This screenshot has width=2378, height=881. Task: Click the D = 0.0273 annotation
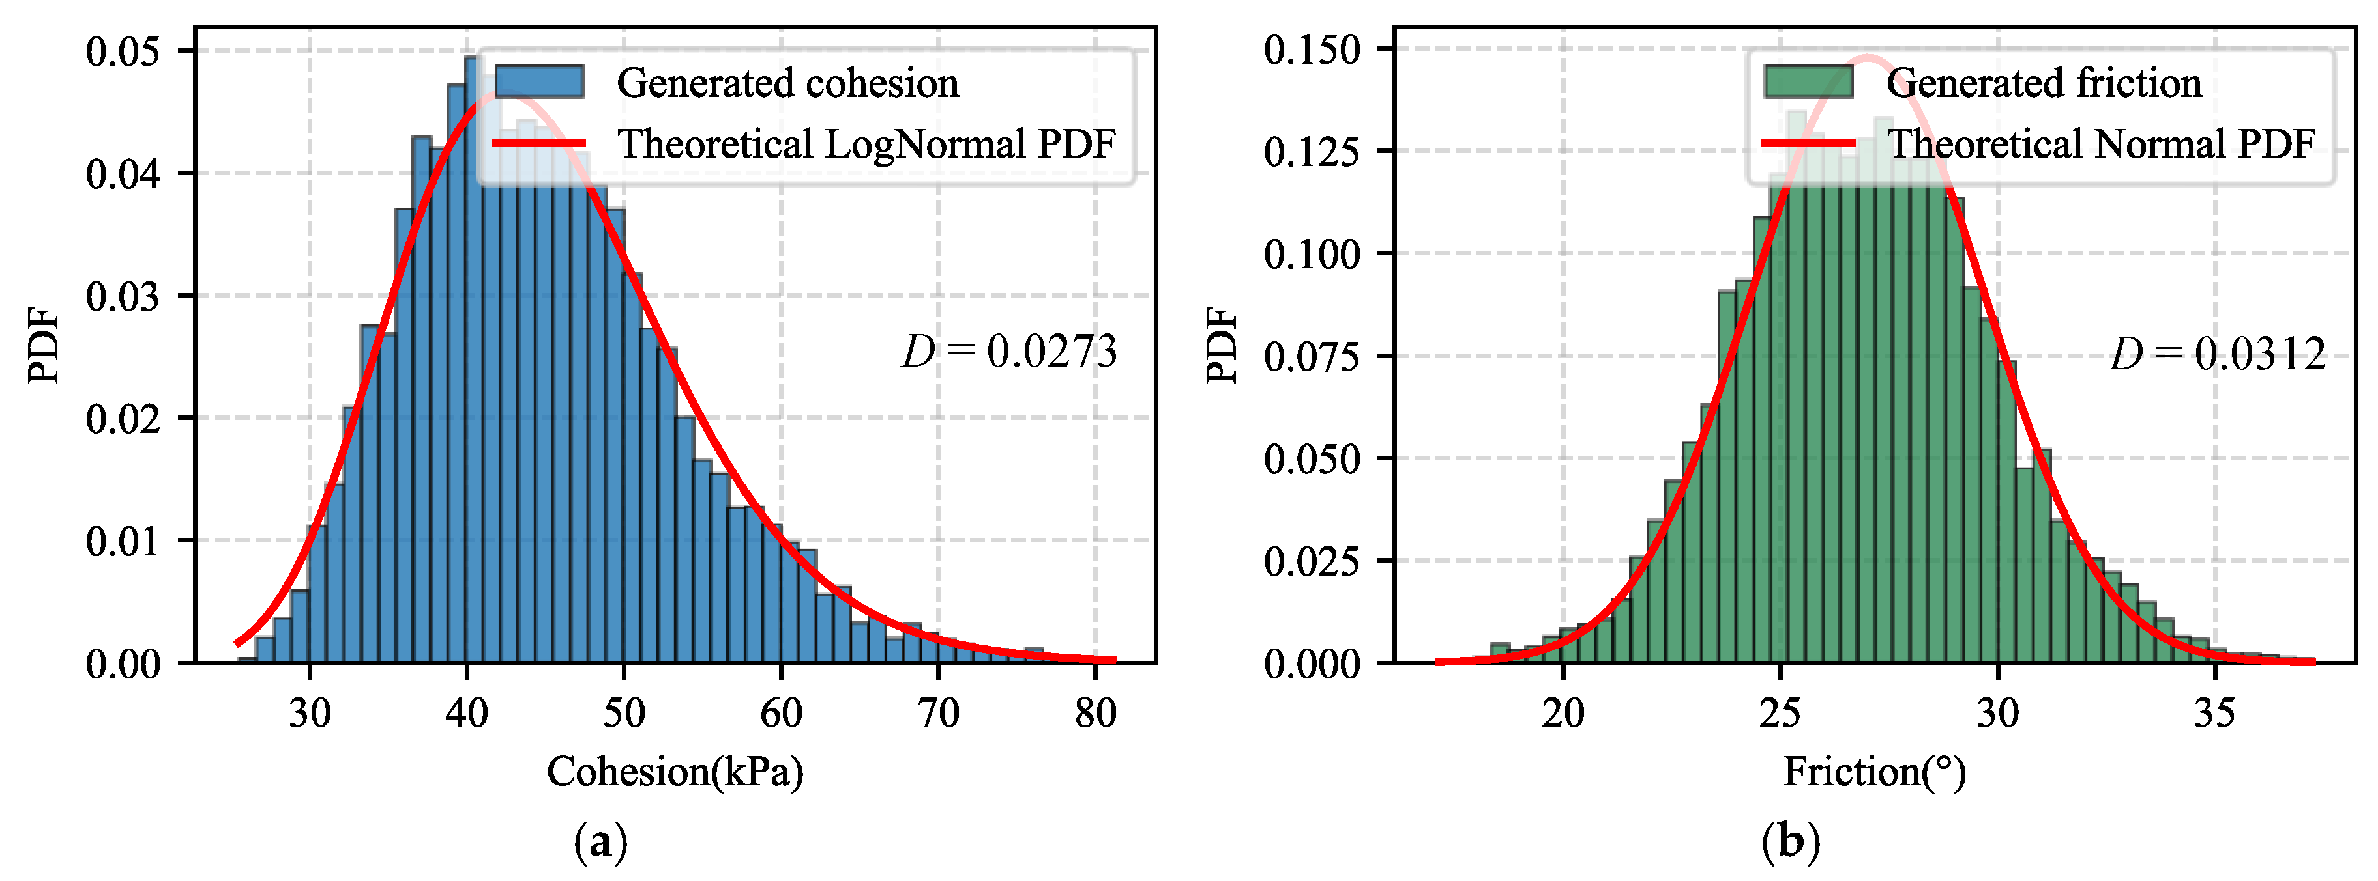(x=1009, y=352)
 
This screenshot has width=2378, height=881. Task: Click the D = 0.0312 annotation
(x=2218, y=354)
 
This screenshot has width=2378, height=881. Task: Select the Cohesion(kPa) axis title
(x=675, y=771)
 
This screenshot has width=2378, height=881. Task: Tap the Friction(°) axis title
(x=1874, y=771)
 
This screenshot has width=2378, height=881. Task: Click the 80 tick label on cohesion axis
(x=1096, y=713)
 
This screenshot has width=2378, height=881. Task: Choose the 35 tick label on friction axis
(x=2214, y=713)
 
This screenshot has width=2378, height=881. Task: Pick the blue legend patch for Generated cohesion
(x=540, y=82)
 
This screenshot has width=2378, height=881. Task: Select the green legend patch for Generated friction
(x=1808, y=82)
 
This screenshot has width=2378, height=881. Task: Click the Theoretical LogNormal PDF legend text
(x=866, y=144)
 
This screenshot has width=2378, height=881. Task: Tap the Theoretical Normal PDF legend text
(x=2100, y=144)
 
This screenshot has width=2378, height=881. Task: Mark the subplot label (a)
(x=601, y=841)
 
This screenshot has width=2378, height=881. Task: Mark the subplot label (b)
(x=1791, y=841)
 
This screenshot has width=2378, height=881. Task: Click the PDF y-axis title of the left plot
(x=44, y=345)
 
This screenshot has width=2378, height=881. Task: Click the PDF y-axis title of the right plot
(x=1222, y=345)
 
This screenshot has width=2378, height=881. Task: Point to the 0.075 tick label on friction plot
(x=1312, y=356)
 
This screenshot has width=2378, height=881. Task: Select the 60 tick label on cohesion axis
(x=781, y=713)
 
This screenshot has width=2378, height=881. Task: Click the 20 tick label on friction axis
(x=1563, y=713)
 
